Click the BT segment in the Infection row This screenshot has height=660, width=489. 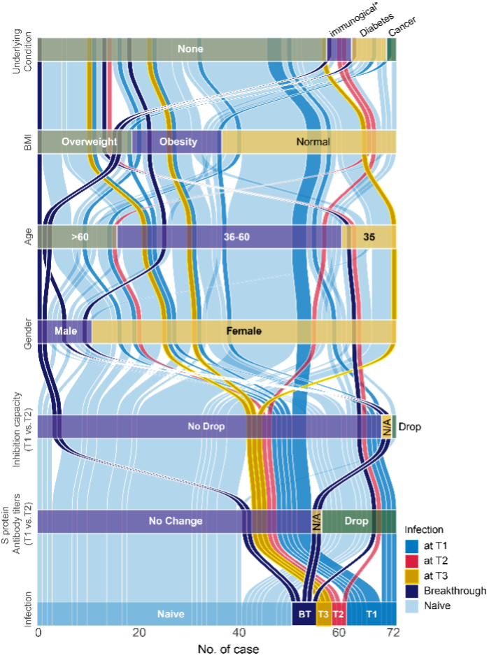304,614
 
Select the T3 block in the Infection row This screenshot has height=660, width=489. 323,614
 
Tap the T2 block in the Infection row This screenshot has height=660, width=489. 339,614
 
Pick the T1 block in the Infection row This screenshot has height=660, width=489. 371,614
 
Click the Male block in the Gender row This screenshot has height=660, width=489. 64,331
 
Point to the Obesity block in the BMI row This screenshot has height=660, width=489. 178,142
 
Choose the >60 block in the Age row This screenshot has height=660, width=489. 78,237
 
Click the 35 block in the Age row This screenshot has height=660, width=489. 369,237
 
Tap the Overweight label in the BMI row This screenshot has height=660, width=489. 89,142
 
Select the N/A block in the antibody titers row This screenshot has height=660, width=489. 316,521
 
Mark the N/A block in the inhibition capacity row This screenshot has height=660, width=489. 387,426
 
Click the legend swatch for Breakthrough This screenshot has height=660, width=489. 413,591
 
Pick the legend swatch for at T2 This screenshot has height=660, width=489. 413,561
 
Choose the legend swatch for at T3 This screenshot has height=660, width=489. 413,576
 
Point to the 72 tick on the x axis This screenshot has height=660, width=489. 394,633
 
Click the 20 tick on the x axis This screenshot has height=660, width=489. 139,633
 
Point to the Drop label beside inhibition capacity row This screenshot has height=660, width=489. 411,426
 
